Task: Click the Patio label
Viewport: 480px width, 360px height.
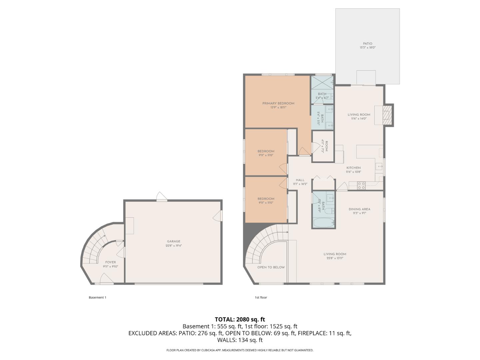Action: tap(367, 45)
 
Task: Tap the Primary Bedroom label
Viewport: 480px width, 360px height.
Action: tap(278, 105)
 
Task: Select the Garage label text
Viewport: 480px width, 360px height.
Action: tap(173, 243)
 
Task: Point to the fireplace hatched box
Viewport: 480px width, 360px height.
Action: tap(387, 115)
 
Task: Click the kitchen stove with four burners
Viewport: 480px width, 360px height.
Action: tap(361, 186)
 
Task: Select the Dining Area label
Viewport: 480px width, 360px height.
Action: tap(359, 211)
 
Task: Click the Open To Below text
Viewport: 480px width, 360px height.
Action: tap(271, 267)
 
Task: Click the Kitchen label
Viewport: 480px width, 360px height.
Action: tap(353, 170)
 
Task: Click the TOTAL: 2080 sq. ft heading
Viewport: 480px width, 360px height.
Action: tap(240, 319)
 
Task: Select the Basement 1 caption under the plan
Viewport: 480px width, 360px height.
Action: tap(97, 297)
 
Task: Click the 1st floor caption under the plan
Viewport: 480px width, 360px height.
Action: tap(261, 297)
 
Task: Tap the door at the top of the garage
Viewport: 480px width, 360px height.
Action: tap(162, 196)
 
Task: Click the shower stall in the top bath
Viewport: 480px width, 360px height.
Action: tap(322, 82)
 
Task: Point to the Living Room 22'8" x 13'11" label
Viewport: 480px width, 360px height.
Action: tap(335, 256)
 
